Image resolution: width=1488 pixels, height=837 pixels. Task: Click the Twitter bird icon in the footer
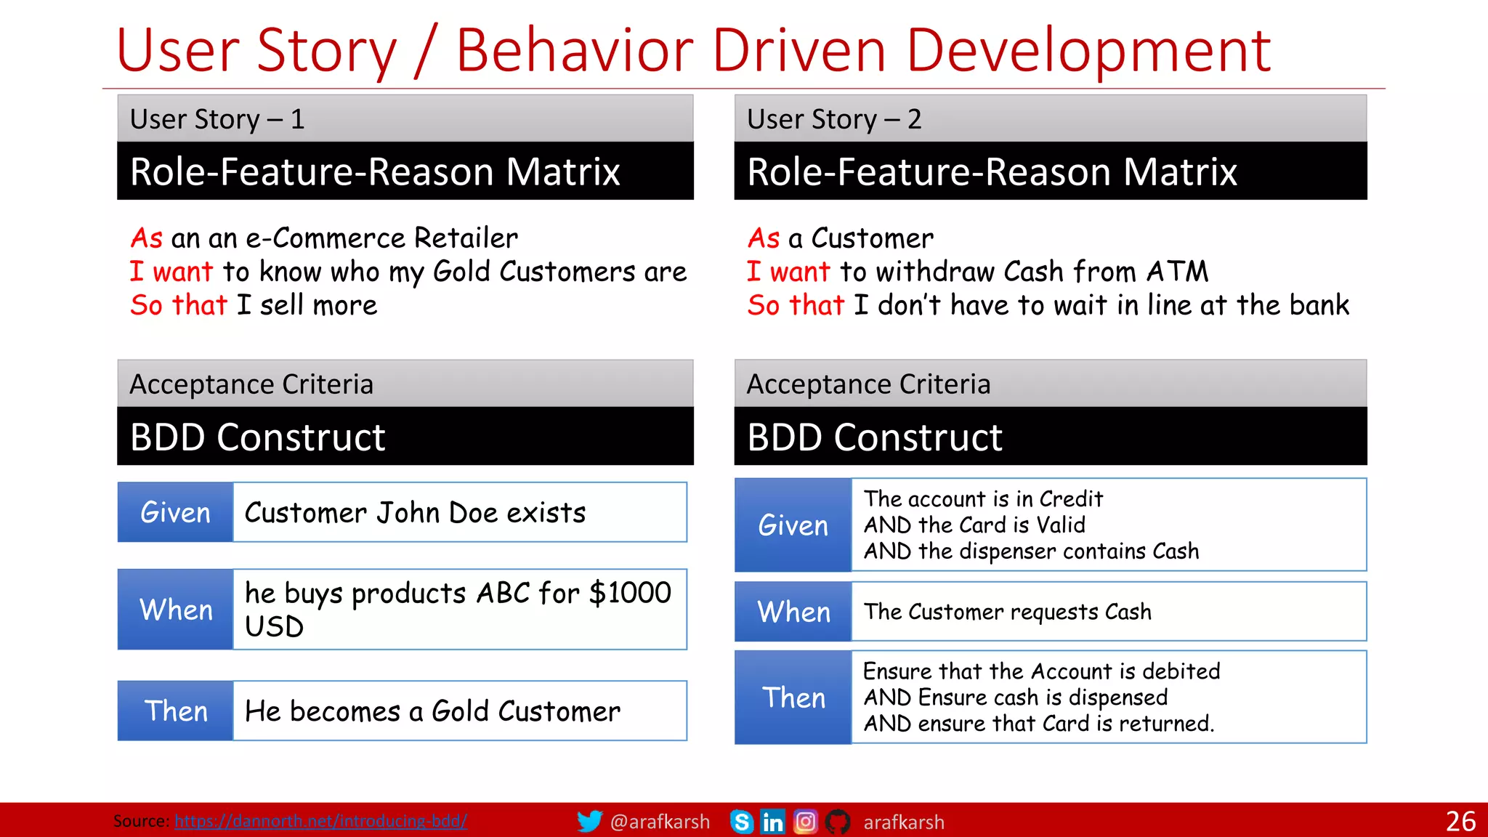(x=589, y=821)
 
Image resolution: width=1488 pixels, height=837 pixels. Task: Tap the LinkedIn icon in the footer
(x=772, y=822)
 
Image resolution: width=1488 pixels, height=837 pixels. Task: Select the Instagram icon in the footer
(x=805, y=822)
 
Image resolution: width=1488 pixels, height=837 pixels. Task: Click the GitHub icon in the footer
(x=837, y=822)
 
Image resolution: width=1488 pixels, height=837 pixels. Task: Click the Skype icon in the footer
(x=741, y=822)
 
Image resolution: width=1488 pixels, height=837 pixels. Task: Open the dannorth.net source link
(x=320, y=821)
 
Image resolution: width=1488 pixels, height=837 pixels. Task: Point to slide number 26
(x=1460, y=822)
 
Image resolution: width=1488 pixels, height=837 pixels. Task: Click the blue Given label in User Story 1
(x=175, y=512)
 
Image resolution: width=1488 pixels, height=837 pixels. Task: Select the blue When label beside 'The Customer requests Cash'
(x=793, y=612)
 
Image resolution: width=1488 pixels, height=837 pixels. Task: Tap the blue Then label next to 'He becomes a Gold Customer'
(x=176, y=711)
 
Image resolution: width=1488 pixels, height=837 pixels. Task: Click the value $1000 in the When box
(x=630, y=593)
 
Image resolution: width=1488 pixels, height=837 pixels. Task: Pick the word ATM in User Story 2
(x=1177, y=272)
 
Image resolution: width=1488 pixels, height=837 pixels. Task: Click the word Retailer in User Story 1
(x=466, y=238)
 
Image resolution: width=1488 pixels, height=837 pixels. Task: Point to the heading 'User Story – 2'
(x=834, y=119)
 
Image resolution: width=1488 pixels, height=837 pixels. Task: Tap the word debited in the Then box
(x=1181, y=671)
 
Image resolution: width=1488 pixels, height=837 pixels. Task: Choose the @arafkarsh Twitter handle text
(x=660, y=822)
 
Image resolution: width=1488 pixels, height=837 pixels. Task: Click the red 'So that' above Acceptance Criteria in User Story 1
(x=179, y=305)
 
